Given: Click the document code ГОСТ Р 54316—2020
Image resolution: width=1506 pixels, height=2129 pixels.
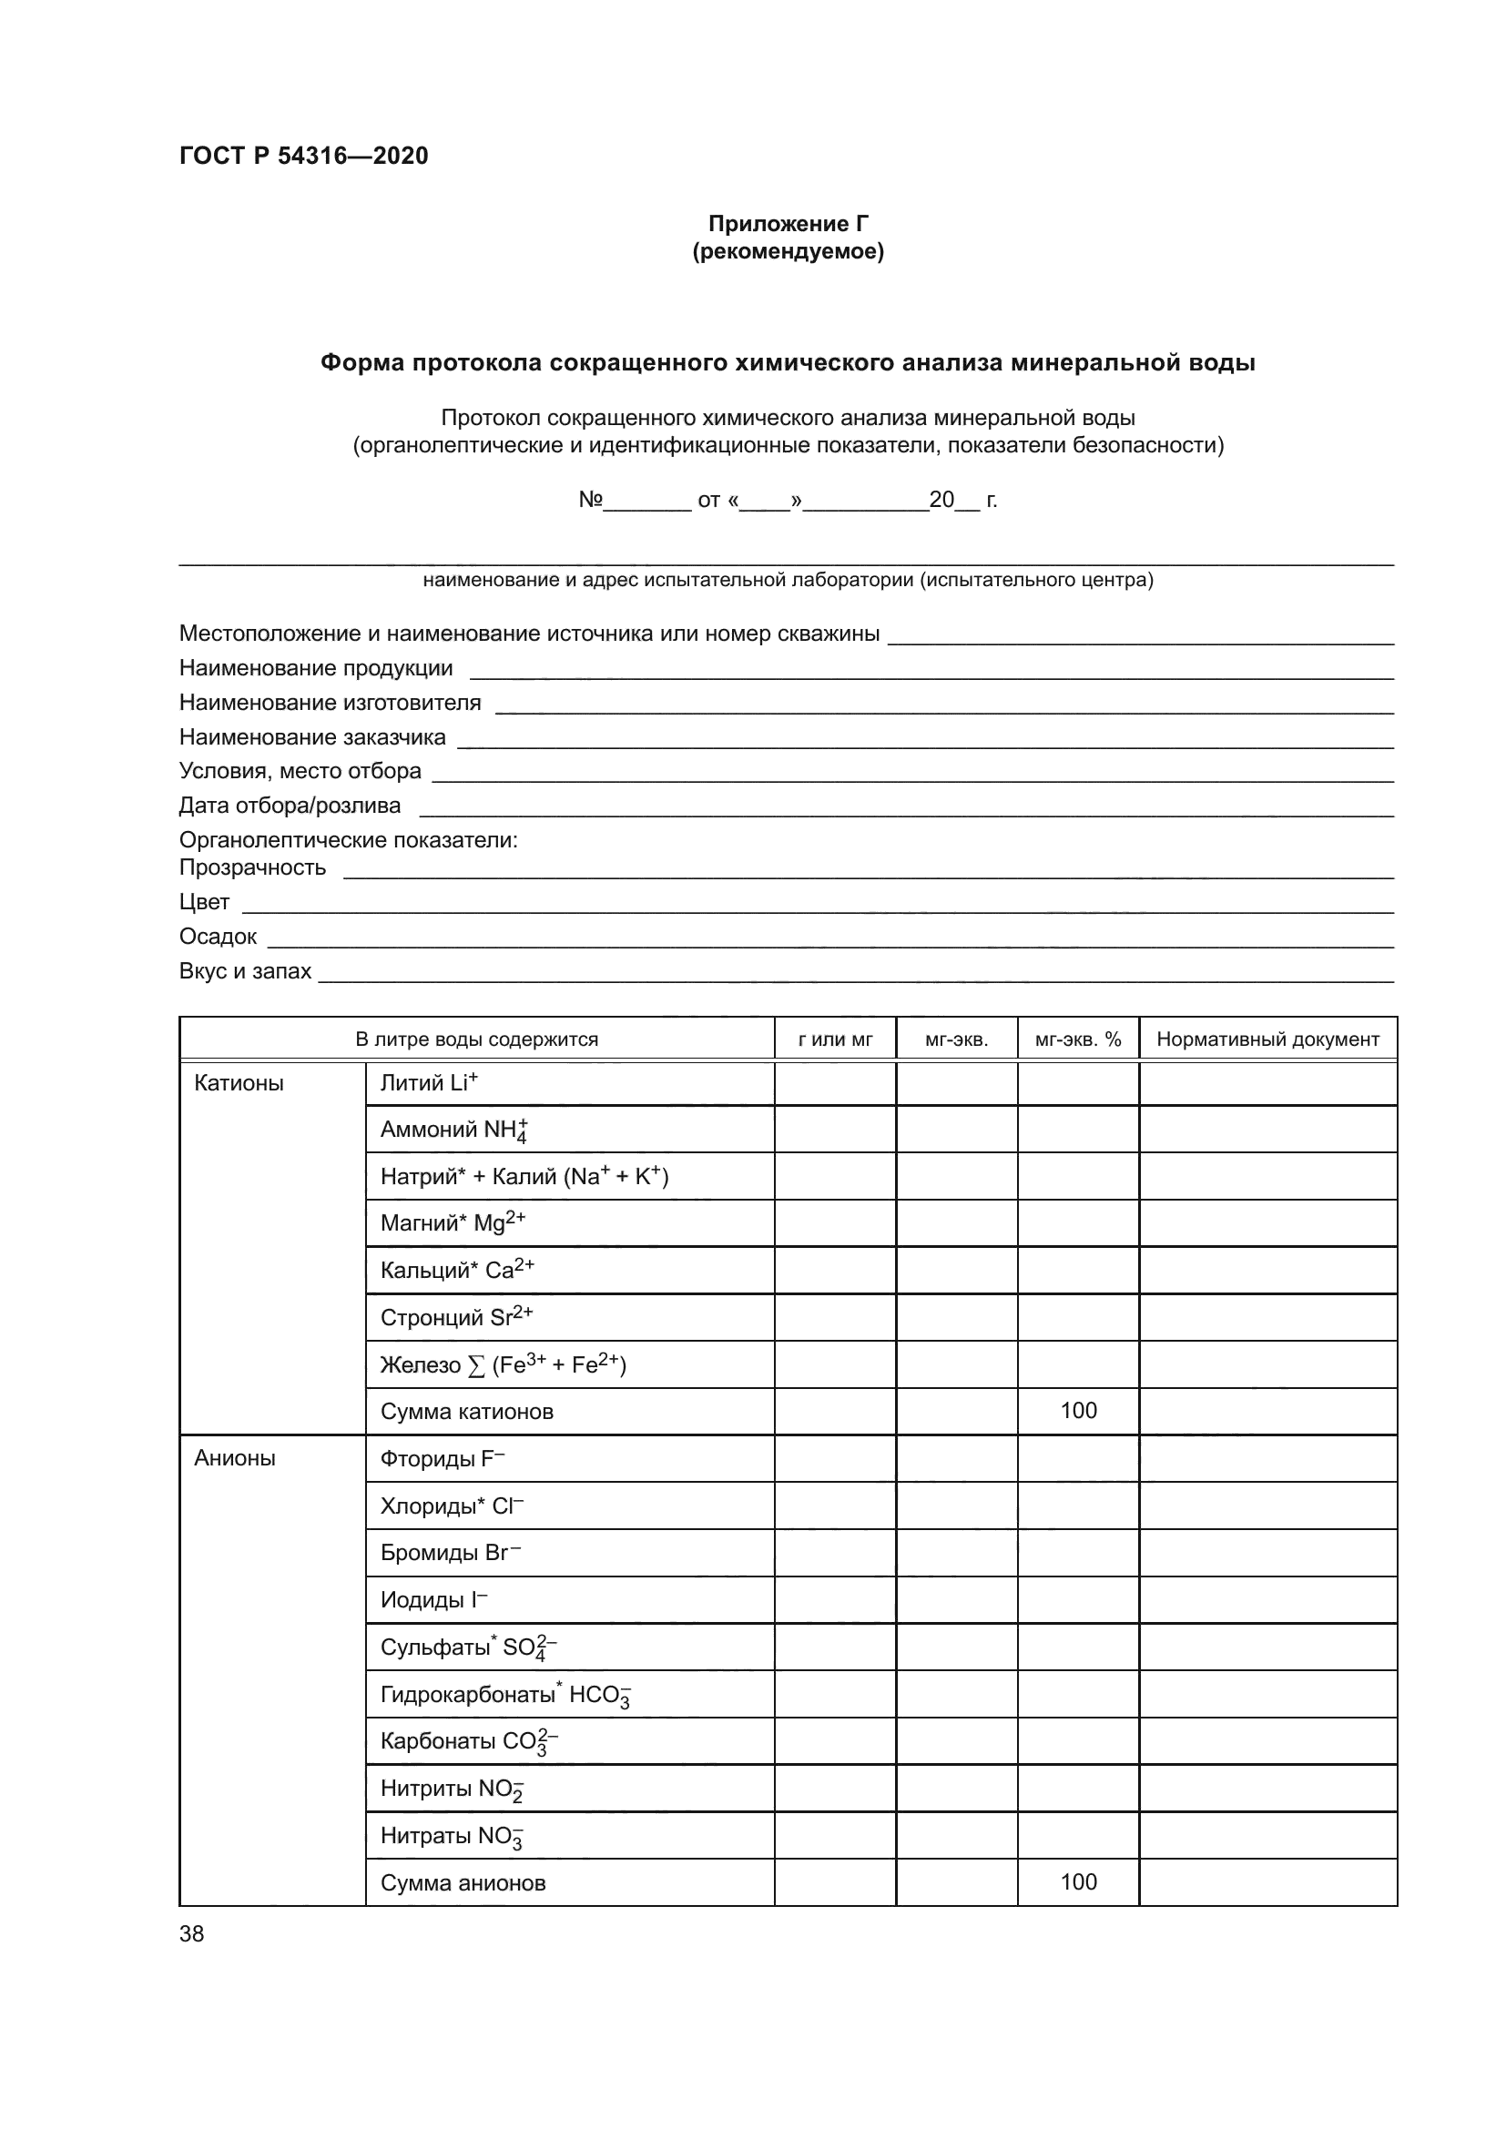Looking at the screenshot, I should (303, 156).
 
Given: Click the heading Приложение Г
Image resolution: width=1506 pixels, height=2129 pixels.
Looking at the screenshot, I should (788, 224).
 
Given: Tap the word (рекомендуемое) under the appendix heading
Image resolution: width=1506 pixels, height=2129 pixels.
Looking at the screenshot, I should (788, 251).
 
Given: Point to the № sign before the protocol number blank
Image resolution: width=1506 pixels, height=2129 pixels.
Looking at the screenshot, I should (591, 500).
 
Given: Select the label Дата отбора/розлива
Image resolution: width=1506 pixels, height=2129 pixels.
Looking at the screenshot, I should (290, 805).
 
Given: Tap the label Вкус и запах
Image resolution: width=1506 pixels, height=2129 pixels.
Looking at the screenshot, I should (245, 971).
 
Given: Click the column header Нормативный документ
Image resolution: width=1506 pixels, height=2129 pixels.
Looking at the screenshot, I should (1267, 1039).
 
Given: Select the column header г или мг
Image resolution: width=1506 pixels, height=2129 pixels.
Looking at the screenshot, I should (835, 1039).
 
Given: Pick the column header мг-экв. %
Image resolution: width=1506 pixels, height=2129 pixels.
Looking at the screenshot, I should (1077, 1039).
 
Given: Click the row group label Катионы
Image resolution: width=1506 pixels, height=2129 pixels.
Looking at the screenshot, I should (239, 1083).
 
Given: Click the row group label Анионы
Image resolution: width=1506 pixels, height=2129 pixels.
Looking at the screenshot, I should (235, 1458).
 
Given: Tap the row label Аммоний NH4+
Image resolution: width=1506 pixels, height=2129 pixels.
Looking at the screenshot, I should (454, 1130).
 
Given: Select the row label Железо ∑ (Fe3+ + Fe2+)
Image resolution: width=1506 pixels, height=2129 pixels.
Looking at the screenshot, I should (503, 1365).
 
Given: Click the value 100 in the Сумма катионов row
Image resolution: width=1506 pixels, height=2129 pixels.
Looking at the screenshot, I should (1077, 1410).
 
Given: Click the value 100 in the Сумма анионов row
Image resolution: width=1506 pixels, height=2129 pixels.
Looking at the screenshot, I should (1077, 1881).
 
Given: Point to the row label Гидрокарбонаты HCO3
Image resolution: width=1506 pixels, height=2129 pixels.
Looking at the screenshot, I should (505, 1695).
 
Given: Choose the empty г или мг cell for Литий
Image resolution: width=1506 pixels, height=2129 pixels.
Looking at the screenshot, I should (835, 1083).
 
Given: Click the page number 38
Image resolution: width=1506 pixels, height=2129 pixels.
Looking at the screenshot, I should (192, 1934).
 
